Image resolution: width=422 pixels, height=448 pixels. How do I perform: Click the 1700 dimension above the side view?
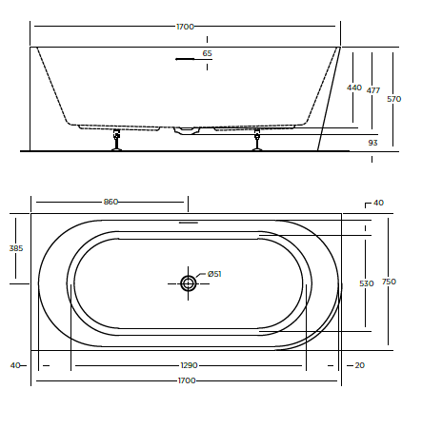[x=185, y=27]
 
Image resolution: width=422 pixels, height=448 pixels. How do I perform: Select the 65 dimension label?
[x=207, y=53]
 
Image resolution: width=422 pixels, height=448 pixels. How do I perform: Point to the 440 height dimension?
[x=354, y=88]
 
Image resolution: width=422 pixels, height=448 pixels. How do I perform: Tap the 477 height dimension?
[x=373, y=90]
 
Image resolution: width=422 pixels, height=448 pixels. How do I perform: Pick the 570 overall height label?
[x=393, y=99]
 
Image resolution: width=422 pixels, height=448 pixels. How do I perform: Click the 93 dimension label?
[x=372, y=143]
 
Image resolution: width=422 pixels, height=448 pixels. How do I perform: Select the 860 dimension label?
[x=111, y=202]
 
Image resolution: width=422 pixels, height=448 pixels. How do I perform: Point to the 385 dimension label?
[x=16, y=248]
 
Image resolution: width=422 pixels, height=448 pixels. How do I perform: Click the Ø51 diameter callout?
[x=214, y=274]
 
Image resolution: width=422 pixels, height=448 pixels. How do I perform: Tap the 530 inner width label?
[x=366, y=283]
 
